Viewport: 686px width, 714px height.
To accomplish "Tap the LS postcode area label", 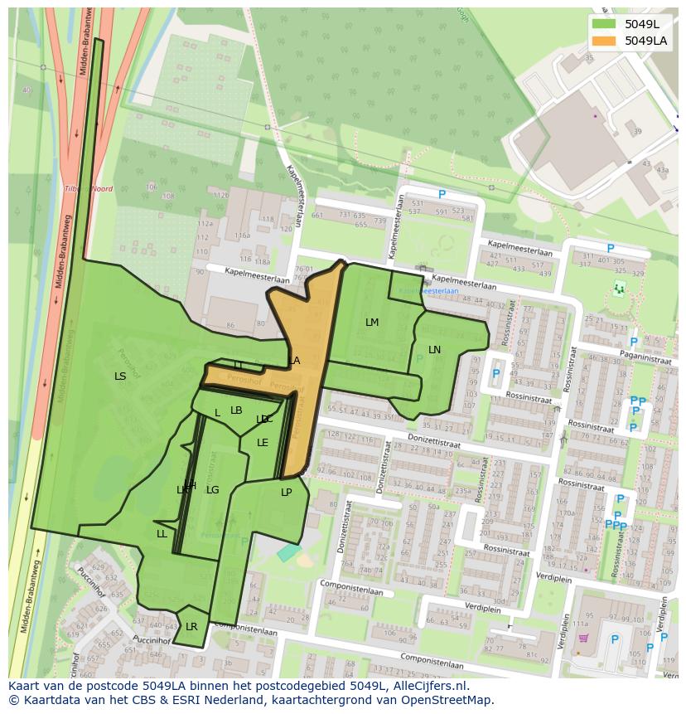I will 120,376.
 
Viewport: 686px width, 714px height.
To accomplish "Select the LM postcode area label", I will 372,323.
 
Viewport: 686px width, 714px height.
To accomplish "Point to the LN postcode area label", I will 434,350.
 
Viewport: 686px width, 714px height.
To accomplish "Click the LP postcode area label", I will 287,492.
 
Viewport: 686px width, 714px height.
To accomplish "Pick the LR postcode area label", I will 191,627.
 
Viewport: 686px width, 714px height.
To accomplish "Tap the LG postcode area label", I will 213,490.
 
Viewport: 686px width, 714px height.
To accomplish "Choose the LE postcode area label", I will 263,443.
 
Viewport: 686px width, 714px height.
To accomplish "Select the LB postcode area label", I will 236,410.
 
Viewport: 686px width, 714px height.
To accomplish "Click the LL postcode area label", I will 162,534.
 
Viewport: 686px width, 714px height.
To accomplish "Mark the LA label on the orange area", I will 294,361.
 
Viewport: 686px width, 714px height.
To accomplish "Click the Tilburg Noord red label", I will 88,189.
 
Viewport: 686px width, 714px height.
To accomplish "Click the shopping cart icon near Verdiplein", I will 583,639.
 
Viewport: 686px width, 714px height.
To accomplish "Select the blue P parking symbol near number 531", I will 442,194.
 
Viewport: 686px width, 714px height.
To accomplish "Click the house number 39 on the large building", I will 636,132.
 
